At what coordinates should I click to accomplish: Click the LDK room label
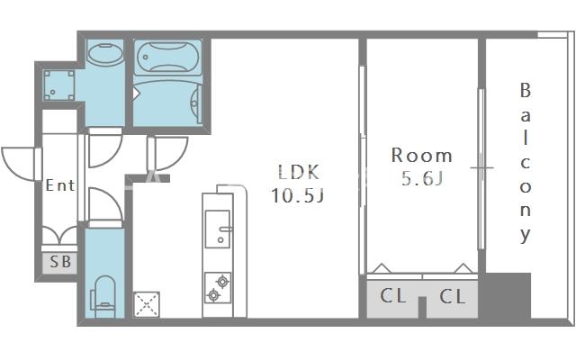pyautogui.click(x=298, y=172)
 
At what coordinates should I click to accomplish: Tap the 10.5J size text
pyautogui.click(x=298, y=194)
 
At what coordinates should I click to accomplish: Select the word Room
pyautogui.click(x=421, y=155)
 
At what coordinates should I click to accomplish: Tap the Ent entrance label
pyautogui.click(x=60, y=185)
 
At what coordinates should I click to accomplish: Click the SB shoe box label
pyautogui.click(x=60, y=263)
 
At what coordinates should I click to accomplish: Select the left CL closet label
pyautogui.click(x=393, y=295)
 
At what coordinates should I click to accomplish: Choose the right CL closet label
pyautogui.click(x=452, y=295)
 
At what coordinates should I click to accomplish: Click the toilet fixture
pyautogui.click(x=104, y=294)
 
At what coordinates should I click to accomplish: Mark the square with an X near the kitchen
pyautogui.click(x=145, y=304)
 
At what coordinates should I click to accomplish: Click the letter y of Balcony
pyautogui.click(x=525, y=237)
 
